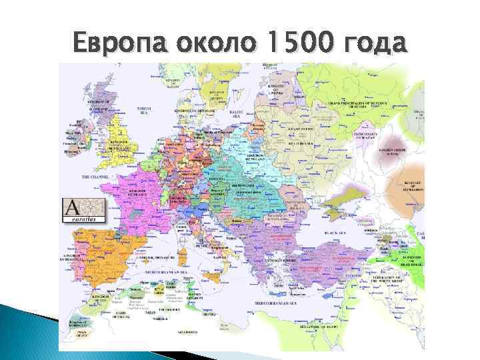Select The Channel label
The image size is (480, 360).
(94, 177)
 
